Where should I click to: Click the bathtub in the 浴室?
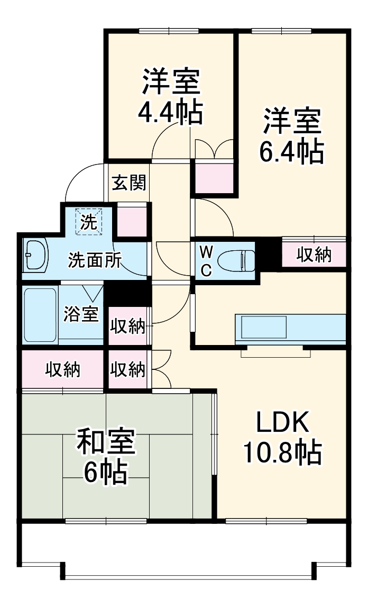(40, 315)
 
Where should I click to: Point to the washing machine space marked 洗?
(89, 222)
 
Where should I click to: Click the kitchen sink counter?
(290, 329)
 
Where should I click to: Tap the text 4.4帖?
(170, 112)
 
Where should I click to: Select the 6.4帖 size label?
(291, 151)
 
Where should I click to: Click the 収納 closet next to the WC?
(314, 255)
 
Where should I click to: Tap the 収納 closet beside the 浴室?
(128, 326)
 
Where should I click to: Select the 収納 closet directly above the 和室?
(62, 369)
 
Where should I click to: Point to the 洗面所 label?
(95, 260)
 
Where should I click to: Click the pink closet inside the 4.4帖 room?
(214, 178)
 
